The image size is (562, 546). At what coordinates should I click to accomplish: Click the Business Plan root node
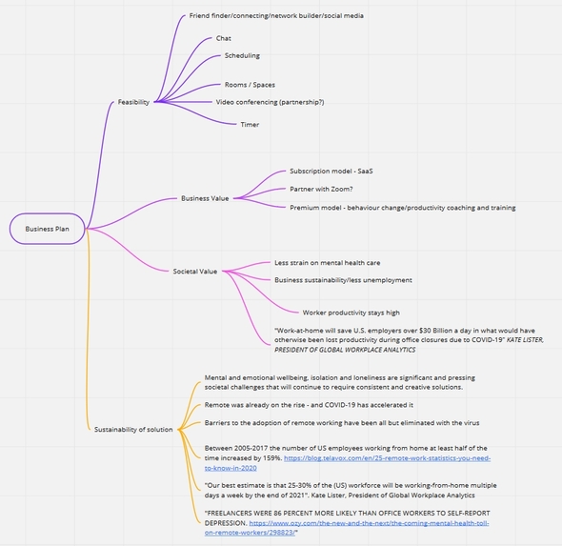click(47, 229)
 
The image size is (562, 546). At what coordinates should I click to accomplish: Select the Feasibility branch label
click(133, 102)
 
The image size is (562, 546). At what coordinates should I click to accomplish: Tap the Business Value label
click(205, 198)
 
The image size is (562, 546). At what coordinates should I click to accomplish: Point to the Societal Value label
click(195, 272)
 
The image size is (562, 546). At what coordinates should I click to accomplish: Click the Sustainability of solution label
click(133, 429)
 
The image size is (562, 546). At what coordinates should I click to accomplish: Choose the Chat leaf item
click(223, 38)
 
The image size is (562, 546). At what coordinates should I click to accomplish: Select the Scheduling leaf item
click(242, 55)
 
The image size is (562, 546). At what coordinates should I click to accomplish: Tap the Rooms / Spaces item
click(250, 85)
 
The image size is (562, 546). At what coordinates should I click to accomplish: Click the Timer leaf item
click(250, 125)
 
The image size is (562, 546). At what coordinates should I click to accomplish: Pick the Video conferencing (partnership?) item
click(270, 102)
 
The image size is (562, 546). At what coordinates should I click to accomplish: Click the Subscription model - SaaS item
click(331, 171)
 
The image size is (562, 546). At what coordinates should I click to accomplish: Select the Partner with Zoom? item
click(321, 189)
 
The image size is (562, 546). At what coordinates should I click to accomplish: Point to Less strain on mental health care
click(328, 263)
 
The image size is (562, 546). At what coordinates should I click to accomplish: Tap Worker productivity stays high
click(351, 313)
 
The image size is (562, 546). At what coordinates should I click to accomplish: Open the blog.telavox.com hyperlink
click(348, 463)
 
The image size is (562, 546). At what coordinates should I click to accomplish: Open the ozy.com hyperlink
click(347, 528)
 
